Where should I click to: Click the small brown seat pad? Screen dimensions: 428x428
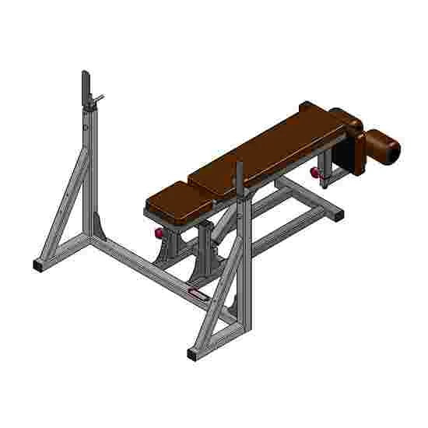[x=177, y=201]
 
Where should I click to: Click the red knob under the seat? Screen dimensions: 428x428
[x=160, y=232]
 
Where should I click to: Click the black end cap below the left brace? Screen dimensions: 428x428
[x=39, y=265]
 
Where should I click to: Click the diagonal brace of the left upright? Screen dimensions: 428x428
[x=61, y=206]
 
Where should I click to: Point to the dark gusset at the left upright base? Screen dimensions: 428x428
[x=96, y=222]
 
